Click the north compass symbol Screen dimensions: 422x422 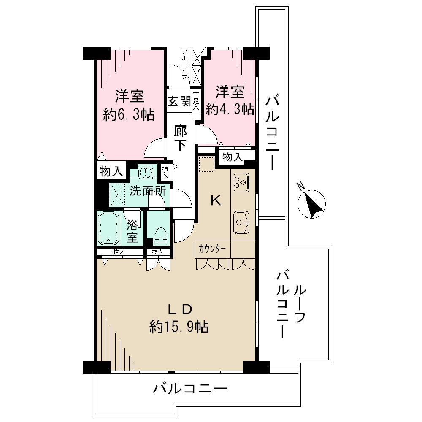coord(311,204)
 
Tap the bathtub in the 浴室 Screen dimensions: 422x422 coord(108,228)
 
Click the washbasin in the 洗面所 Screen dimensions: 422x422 coord(146,172)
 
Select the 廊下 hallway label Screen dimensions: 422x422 coord(180,138)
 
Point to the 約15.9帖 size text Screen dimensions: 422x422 coord(179,327)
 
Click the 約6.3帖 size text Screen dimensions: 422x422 coord(129,115)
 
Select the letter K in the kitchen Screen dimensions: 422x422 coord(216,200)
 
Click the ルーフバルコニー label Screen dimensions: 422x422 coord(291,305)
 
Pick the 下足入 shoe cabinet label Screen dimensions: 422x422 coord(196,101)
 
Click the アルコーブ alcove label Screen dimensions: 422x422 coord(184,64)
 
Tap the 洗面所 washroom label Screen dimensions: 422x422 coord(148,191)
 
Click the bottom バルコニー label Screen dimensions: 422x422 coord(190,389)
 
